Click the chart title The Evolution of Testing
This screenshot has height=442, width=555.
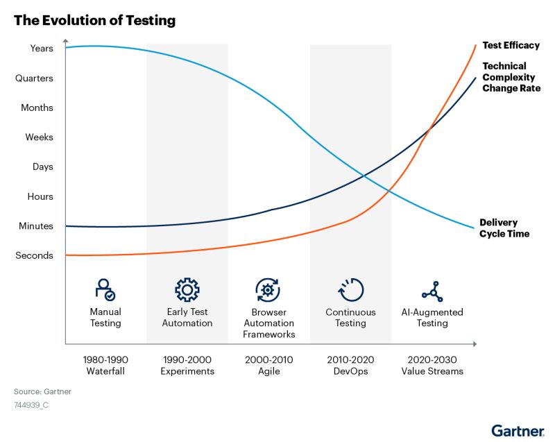tap(94, 20)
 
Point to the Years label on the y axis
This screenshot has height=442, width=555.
tap(41, 49)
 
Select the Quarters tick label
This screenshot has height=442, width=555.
tap(34, 78)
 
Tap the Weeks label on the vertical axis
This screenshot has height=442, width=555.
tap(39, 137)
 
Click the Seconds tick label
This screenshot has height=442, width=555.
tap(34, 255)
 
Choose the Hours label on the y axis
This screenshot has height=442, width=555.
tap(40, 196)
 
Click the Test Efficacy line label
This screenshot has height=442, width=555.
tap(511, 46)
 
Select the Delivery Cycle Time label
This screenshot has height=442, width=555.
tap(504, 228)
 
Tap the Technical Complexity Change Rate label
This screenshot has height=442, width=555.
tap(511, 77)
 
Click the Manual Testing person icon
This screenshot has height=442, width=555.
tap(105, 289)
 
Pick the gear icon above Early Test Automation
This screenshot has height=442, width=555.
tap(187, 289)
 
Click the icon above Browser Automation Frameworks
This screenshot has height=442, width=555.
tap(268, 289)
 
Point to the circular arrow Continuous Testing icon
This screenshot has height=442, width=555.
tap(350, 289)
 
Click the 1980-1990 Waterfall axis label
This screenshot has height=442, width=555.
tap(105, 366)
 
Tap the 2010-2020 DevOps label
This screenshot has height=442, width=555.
tap(350, 366)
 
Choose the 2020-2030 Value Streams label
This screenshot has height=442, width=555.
tap(432, 366)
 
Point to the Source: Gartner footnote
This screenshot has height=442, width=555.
tap(42, 391)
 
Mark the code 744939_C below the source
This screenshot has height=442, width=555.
tap(31, 405)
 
